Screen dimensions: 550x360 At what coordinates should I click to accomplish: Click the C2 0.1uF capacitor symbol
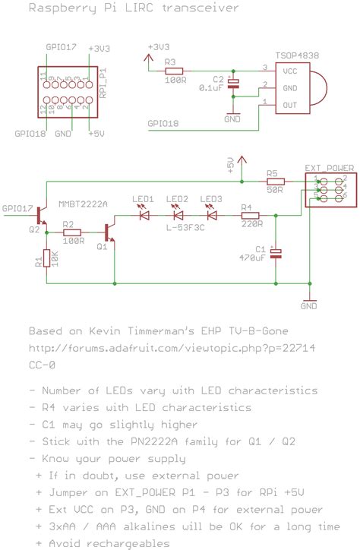(x=234, y=84)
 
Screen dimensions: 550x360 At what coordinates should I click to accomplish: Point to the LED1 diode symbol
(x=144, y=215)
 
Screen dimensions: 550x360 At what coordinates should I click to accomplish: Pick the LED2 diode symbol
(x=178, y=215)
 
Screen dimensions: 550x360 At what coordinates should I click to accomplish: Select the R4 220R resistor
(x=251, y=215)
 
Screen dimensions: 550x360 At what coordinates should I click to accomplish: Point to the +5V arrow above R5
(x=241, y=160)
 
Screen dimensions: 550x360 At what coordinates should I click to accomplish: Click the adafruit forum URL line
(x=172, y=348)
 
